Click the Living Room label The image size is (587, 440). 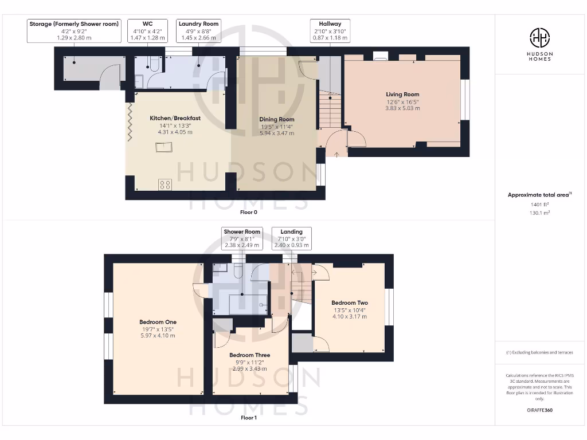[402, 95]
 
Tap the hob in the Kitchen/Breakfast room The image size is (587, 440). [165, 184]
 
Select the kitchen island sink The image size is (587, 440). [164, 147]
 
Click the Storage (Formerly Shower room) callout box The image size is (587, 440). [74, 31]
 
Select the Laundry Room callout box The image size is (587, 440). [198, 31]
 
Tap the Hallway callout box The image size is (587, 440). [330, 31]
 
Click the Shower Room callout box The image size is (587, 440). [242, 238]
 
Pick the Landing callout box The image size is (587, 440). [291, 238]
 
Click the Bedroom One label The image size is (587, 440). [159, 322]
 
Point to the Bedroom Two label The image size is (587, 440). [350, 303]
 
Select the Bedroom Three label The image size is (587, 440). [249, 355]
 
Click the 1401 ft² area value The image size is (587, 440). [539, 204]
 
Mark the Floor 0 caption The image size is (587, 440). [249, 212]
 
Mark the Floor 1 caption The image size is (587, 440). [249, 418]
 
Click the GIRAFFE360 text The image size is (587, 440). [539, 410]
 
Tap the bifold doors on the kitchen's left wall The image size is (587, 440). [130, 121]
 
